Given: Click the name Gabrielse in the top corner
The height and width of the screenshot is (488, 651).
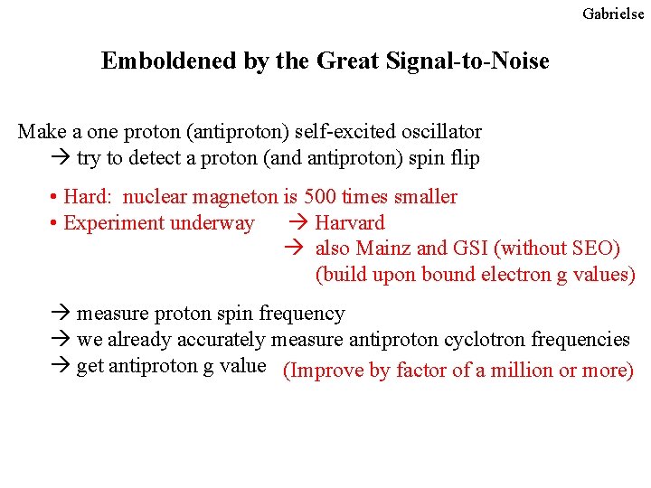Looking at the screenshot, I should click(x=613, y=14).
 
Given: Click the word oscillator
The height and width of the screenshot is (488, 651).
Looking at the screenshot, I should click(x=441, y=132).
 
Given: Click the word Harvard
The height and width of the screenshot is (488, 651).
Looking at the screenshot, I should click(x=349, y=222).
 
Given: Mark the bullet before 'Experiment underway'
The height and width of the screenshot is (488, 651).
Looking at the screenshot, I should click(x=55, y=223).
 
